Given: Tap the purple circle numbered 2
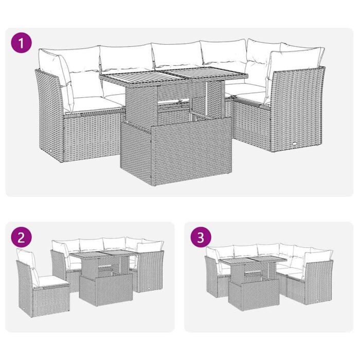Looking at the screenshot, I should (21, 237).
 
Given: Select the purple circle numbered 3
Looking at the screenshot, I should (201, 237).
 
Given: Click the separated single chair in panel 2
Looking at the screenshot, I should (41, 288).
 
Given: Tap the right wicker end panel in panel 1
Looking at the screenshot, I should (298, 111).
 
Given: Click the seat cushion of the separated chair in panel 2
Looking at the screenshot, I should (51, 280).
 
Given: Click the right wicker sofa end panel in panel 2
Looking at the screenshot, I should (150, 270).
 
